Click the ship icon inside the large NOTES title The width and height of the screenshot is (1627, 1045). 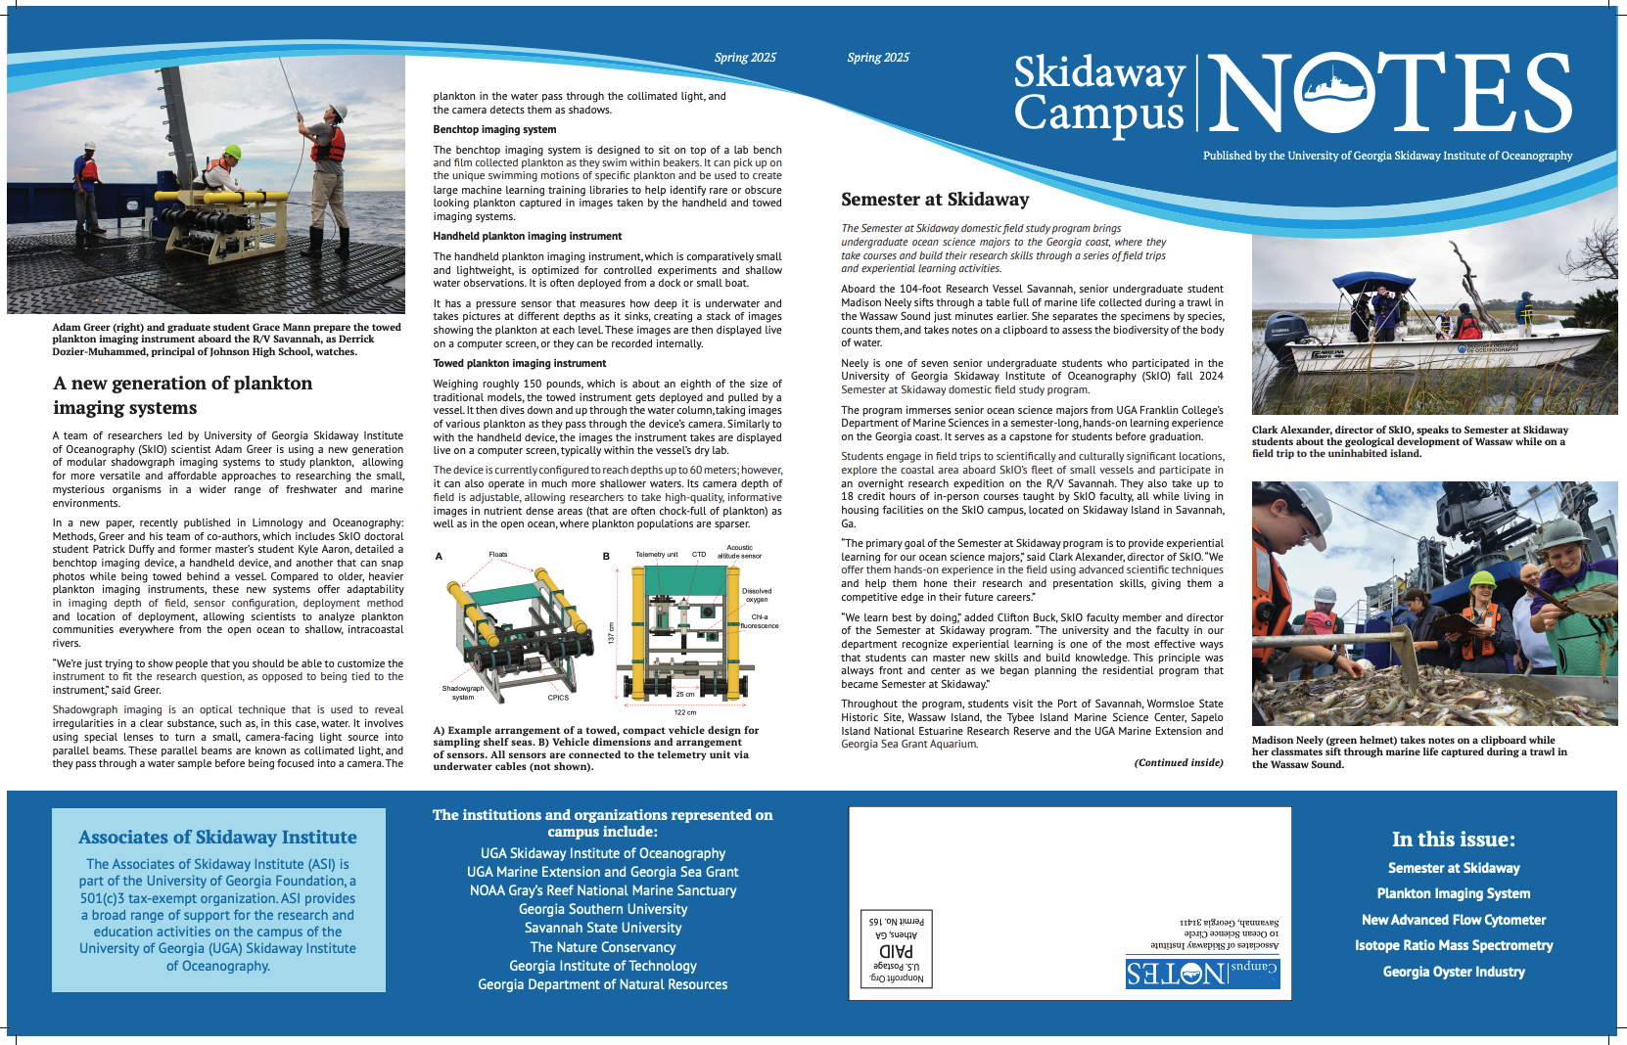click(1334, 92)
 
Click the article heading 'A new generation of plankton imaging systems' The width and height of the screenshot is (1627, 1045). click(183, 395)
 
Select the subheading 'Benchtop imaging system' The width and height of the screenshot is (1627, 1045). click(494, 129)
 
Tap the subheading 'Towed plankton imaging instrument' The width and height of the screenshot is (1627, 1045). click(520, 363)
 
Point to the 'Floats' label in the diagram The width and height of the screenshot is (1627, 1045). click(498, 555)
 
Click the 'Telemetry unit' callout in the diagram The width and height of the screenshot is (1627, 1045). click(656, 555)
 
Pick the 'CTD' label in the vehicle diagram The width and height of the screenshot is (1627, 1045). click(699, 555)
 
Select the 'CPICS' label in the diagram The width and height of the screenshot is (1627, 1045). click(558, 698)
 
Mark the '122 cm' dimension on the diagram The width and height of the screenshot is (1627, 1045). click(685, 712)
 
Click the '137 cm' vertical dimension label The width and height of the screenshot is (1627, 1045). click(612, 633)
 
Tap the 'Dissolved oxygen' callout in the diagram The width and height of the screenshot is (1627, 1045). click(757, 595)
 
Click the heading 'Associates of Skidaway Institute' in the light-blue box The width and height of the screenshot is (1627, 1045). click(217, 838)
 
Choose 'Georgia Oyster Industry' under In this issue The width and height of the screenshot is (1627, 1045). click(1454, 972)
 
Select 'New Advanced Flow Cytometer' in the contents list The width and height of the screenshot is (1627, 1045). click(1454, 920)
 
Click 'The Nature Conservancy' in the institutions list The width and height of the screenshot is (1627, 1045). click(603, 947)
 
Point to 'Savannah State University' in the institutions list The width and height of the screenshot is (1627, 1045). click(603, 928)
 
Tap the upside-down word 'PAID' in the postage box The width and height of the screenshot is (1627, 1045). click(897, 951)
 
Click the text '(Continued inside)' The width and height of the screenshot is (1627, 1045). click(1179, 762)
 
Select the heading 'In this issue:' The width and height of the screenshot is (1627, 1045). click(1454, 840)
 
